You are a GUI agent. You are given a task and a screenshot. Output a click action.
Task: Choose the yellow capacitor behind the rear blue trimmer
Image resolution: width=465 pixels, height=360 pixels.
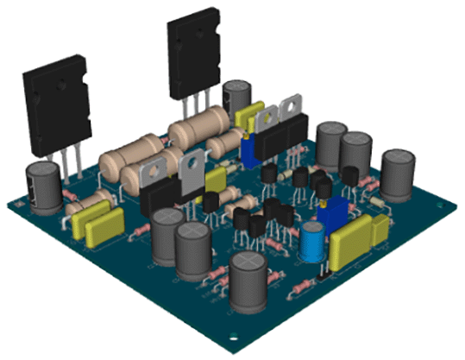248,117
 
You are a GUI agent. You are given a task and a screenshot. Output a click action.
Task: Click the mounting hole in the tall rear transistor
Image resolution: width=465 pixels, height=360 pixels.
187,37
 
